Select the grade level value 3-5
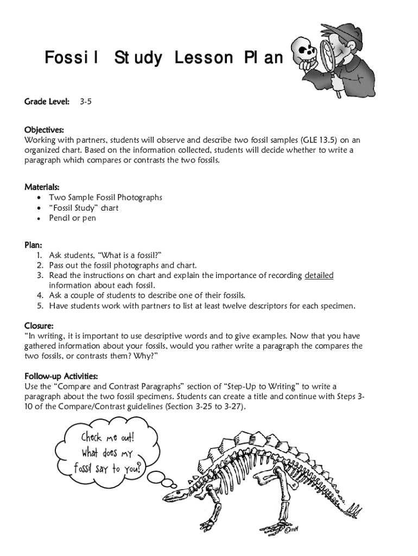click(85, 102)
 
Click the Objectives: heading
click(44, 130)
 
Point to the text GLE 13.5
click(315, 140)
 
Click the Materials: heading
click(42, 187)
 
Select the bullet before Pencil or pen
click(38, 219)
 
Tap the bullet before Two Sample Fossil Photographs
click(38, 198)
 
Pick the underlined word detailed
click(319, 275)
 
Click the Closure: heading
click(39, 326)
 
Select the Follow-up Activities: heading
click(61, 376)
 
